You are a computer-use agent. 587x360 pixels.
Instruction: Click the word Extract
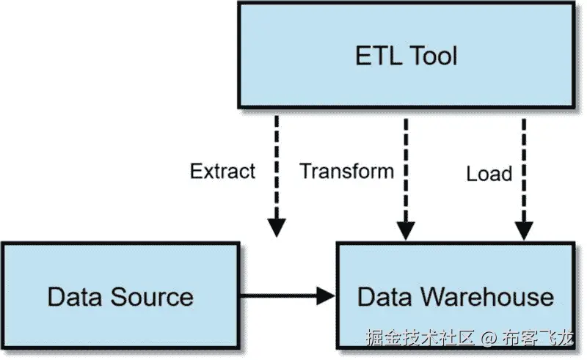(x=222, y=172)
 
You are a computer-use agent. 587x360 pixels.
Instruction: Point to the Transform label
(x=347, y=172)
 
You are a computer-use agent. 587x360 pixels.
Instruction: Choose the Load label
(x=489, y=174)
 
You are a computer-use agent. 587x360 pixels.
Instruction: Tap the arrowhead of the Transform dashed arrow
(x=404, y=229)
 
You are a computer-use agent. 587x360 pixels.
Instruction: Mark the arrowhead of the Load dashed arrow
(x=523, y=229)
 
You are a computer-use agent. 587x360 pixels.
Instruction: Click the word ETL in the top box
(x=379, y=56)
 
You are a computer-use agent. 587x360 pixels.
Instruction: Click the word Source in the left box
(x=153, y=297)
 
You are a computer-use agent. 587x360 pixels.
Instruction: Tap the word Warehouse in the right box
(x=487, y=296)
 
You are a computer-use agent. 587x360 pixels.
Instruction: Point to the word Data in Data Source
(x=76, y=297)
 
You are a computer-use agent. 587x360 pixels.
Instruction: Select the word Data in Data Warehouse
(x=386, y=296)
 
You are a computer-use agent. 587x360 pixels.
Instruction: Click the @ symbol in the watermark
(x=489, y=339)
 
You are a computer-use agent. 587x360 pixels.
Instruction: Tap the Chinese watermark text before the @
(x=421, y=339)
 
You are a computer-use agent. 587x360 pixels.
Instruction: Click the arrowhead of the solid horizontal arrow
(x=327, y=296)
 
